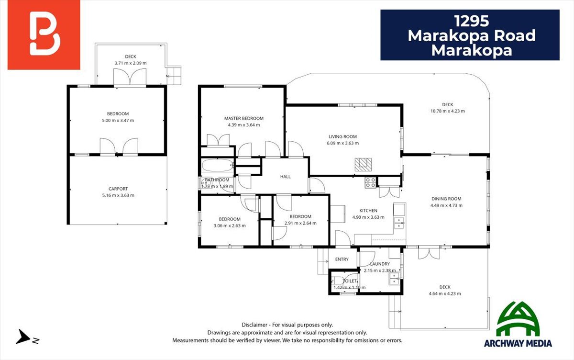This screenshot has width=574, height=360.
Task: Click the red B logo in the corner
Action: [44, 34]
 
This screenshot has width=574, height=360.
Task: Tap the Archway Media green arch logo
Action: [518, 319]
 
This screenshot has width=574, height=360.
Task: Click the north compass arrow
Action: [23, 337]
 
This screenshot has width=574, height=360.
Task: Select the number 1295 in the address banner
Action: [472, 21]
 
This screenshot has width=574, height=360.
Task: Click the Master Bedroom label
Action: [243, 118]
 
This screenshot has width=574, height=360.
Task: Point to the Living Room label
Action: [342, 136]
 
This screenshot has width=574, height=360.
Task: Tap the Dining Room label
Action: [446, 199]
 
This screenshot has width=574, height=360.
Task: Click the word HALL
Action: [285, 177]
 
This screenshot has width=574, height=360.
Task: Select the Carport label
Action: [118, 189]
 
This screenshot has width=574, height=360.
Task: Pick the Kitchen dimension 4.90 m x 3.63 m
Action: [368, 217]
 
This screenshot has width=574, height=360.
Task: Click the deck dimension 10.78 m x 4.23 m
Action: [447, 111]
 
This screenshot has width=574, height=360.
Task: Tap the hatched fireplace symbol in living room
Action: [363, 165]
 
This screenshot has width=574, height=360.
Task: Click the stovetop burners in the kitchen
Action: [371, 182]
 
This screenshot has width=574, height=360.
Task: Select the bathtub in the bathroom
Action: [217, 165]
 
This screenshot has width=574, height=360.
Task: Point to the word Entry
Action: [342, 259]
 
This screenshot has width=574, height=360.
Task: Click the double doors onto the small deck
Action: [130, 77]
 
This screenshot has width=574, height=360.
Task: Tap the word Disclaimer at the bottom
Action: [254, 325]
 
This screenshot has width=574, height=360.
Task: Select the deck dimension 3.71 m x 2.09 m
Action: [131, 63]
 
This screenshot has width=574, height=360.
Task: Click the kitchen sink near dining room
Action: [399, 223]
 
